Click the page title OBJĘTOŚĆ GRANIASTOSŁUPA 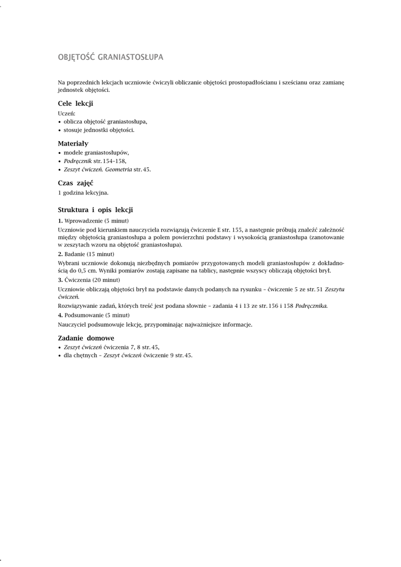tap(111, 57)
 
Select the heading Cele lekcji tap(75, 104)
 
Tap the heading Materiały tap(73, 143)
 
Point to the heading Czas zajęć tap(75, 183)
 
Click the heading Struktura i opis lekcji tap(95, 210)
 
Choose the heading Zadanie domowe tap(86, 338)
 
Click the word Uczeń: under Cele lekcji tap(66, 113)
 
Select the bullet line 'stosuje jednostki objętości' tap(98, 130)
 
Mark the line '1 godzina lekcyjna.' tap(83, 193)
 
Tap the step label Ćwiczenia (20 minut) tap(92, 280)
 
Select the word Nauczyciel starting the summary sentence tap(72, 324)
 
